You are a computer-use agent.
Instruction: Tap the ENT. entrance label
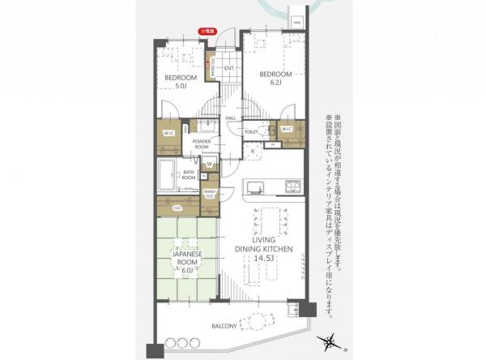tap(228, 68)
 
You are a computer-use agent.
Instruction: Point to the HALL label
tap(231, 118)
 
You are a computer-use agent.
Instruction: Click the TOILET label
tap(251, 131)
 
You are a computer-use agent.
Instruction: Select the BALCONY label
tap(224, 327)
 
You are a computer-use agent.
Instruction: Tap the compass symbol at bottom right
tap(331, 341)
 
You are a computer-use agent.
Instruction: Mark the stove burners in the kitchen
tap(291, 188)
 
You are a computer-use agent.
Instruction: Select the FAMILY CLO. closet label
tap(209, 194)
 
